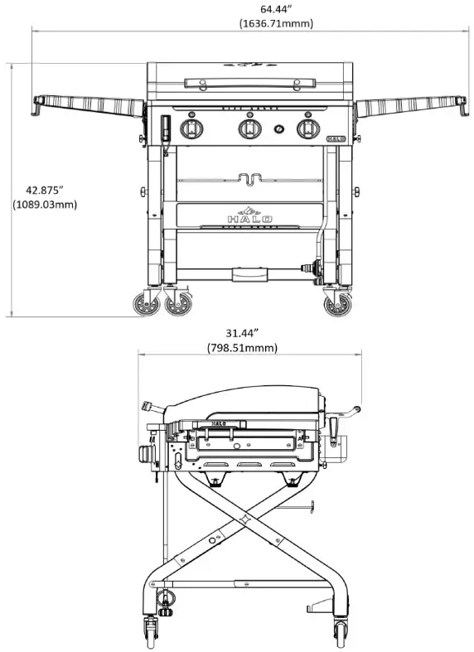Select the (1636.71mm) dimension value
pyautogui.click(x=276, y=23)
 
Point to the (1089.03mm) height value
pyautogui.click(x=45, y=204)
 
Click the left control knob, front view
pyautogui.click(x=192, y=128)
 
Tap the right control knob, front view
pyautogui.click(x=308, y=128)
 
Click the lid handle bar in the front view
pyautogui.click(x=249, y=82)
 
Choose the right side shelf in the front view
pyautogui.click(x=409, y=105)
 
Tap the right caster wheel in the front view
pyautogui.click(x=337, y=304)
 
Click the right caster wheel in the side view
pyautogui.click(x=341, y=631)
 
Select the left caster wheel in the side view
pyautogui.click(x=152, y=631)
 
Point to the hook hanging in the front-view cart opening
pyautogui.click(x=249, y=179)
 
